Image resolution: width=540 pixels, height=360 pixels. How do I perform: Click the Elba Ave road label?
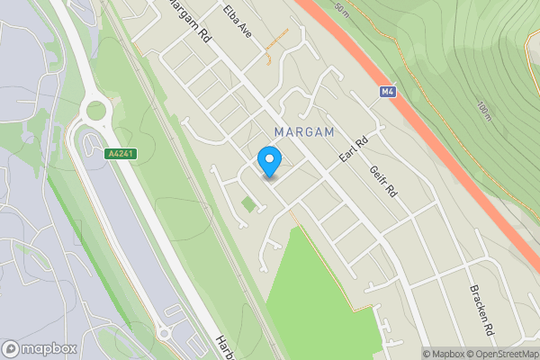point(239,21)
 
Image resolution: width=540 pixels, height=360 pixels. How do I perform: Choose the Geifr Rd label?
point(383,181)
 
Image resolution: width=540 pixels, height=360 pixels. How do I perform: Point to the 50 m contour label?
point(340,10)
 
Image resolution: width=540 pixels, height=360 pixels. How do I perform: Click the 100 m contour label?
point(485,111)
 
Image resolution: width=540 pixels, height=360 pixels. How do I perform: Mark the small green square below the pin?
point(248,205)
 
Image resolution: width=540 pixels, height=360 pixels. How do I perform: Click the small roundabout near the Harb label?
point(164,333)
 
